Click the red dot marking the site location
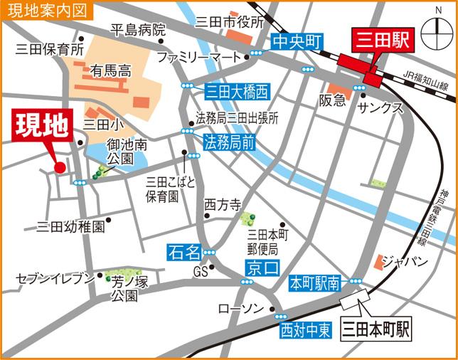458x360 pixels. tap(60, 168)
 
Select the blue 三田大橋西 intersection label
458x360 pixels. tap(238, 92)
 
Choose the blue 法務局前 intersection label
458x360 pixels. tap(229, 142)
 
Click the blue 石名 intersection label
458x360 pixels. tap(183, 251)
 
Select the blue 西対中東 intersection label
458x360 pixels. tap(305, 329)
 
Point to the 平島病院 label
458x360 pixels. tap(138, 30)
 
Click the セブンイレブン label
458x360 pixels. tap(55, 277)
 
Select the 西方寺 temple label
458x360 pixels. tap(223, 204)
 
